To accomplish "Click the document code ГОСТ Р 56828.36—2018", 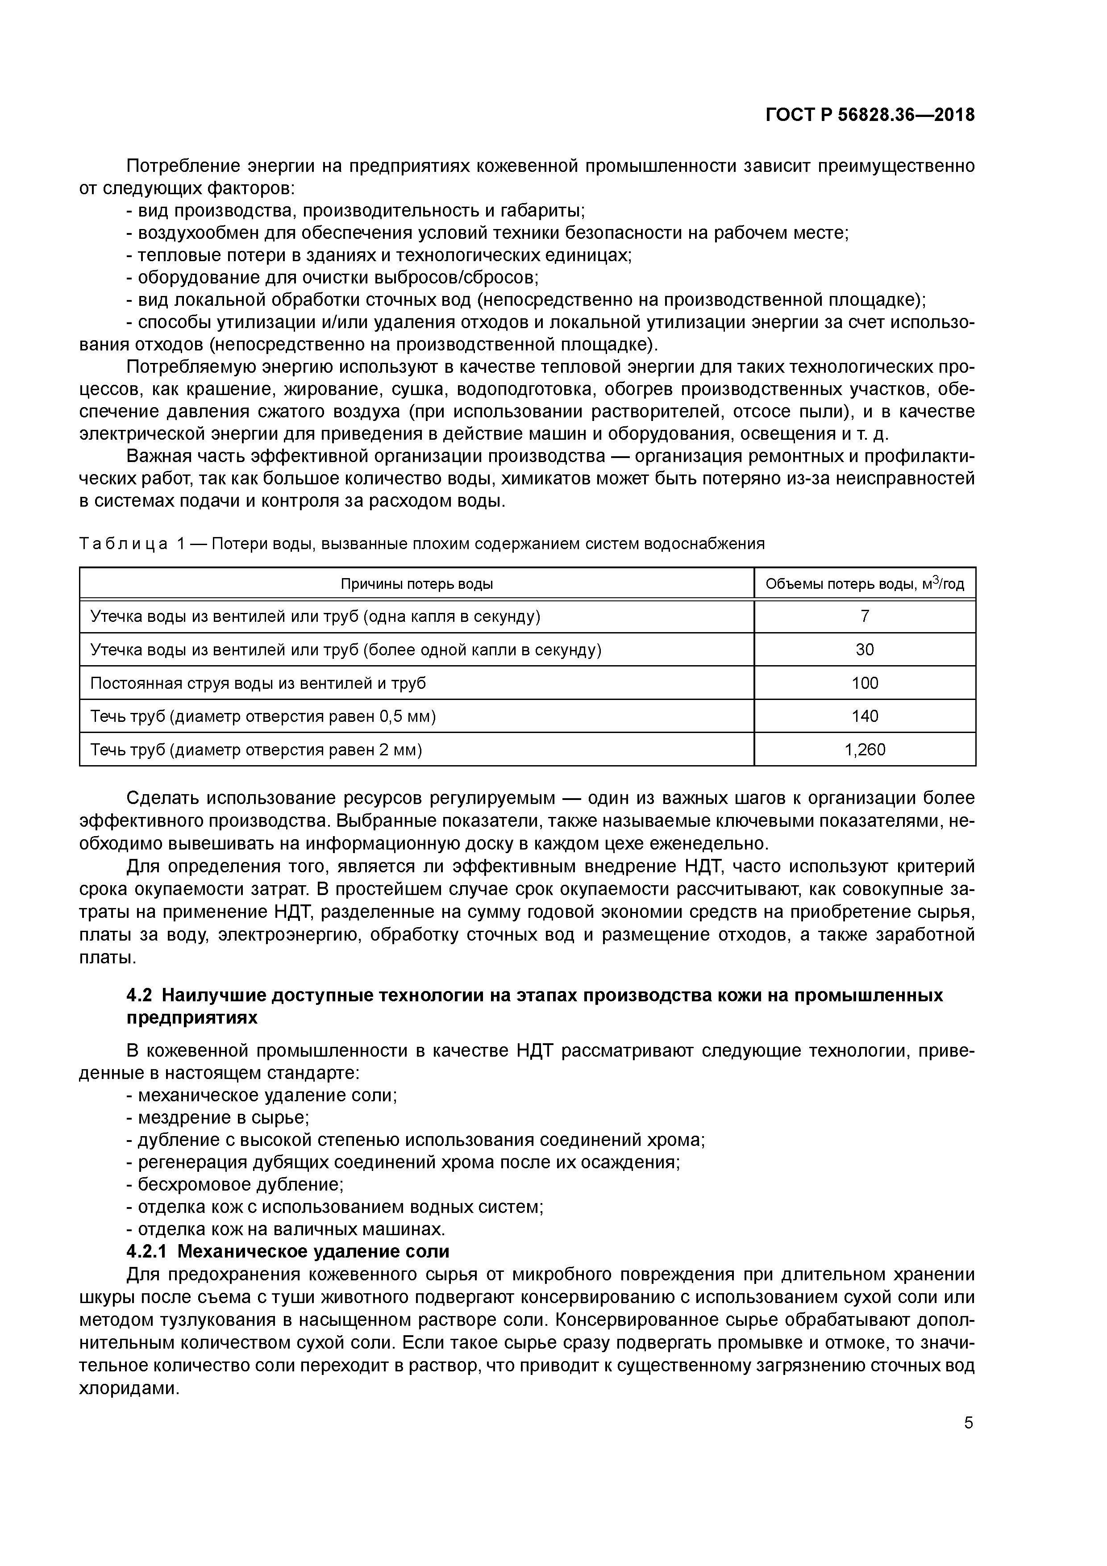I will [x=870, y=115].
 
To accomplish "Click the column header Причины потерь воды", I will [x=417, y=584].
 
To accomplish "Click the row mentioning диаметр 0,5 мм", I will [x=262, y=716].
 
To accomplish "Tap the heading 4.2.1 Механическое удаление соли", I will [x=288, y=1252].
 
